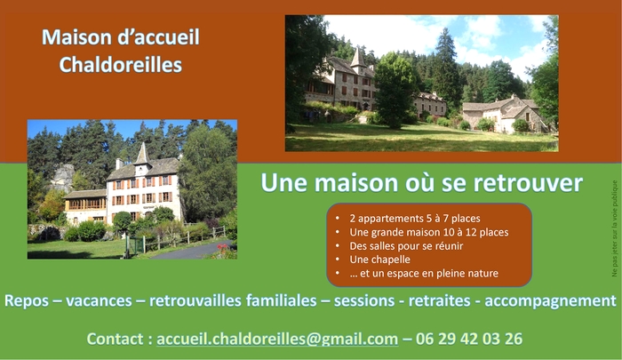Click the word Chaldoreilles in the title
pos(121,65)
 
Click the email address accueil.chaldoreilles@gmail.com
pos(277,339)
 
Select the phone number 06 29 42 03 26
pos(469,339)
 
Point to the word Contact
pos(115,339)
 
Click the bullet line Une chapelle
pos(379,260)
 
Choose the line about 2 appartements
pos(415,219)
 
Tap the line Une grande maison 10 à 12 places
pos(429,232)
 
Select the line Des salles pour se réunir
pos(406,246)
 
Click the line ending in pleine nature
pos(424,273)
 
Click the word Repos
pos(26,300)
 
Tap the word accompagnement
pos(550,300)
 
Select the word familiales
pos(282,300)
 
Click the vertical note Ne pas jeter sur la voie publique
pos(615,228)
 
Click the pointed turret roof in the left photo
pos(141,154)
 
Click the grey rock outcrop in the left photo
pos(63,178)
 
